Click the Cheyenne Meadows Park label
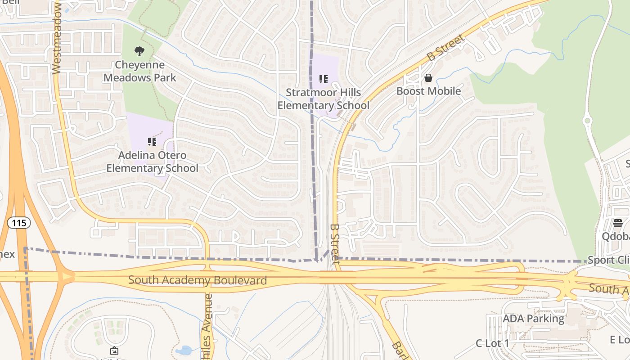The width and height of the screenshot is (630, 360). click(x=140, y=71)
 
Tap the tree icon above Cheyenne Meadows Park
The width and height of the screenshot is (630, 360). click(x=140, y=51)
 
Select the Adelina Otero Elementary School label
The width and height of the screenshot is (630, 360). click(x=152, y=162)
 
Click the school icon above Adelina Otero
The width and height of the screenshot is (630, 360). click(x=152, y=142)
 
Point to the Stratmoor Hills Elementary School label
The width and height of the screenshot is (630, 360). click(x=323, y=99)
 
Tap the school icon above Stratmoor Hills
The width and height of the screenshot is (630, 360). click(x=323, y=80)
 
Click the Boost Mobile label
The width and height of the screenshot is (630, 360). click(x=428, y=91)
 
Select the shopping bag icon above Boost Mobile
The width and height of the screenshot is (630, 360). click(x=428, y=78)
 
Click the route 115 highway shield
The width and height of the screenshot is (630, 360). click(x=19, y=222)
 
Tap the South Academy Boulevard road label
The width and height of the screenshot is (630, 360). click(x=198, y=280)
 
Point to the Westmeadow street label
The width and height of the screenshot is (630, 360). click(x=57, y=38)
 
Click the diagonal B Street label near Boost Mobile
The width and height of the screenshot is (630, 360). click(x=445, y=48)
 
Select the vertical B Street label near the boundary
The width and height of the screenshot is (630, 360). click(x=334, y=244)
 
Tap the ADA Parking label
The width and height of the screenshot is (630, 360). click(x=533, y=319)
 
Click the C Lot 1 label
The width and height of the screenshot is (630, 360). click(x=492, y=343)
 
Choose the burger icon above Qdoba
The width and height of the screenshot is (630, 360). click(x=617, y=223)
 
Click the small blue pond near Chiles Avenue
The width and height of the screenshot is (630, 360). click(x=184, y=350)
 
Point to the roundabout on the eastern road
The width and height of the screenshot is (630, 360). click(x=587, y=121)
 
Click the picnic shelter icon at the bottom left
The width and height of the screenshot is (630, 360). click(x=114, y=350)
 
